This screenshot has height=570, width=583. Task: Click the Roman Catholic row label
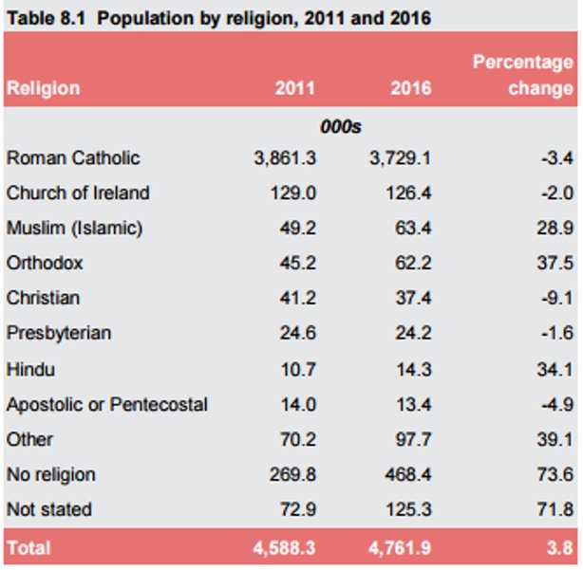click(73, 157)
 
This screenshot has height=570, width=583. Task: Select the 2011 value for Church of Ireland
click(293, 193)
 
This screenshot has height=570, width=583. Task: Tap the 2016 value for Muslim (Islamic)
click(413, 228)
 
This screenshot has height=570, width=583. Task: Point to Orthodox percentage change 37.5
click(555, 263)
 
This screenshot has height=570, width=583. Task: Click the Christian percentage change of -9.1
click(557, 298)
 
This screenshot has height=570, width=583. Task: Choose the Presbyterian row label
click(59, 333)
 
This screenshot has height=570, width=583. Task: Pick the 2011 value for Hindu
click(298, 370)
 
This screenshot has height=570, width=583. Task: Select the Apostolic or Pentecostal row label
click(107, 404)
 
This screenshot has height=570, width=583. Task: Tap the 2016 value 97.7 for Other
click(413, 440)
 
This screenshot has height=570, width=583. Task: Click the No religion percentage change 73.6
click(555, 474)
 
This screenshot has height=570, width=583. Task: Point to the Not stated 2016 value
click(408, 509)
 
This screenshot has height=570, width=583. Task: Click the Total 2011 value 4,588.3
click(285, 548)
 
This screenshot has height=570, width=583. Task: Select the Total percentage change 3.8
click(560, 548)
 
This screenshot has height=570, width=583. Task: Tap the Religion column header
click(43, 88)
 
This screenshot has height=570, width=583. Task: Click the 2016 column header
click(411, 88)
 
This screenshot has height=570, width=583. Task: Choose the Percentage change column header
click(523, 75)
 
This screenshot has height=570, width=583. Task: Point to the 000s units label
click(341, 127)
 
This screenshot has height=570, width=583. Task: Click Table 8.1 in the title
click(47, 18)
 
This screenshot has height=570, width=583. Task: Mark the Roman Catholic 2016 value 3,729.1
click(400, 158)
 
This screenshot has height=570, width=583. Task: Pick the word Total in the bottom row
click(28, 548)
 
